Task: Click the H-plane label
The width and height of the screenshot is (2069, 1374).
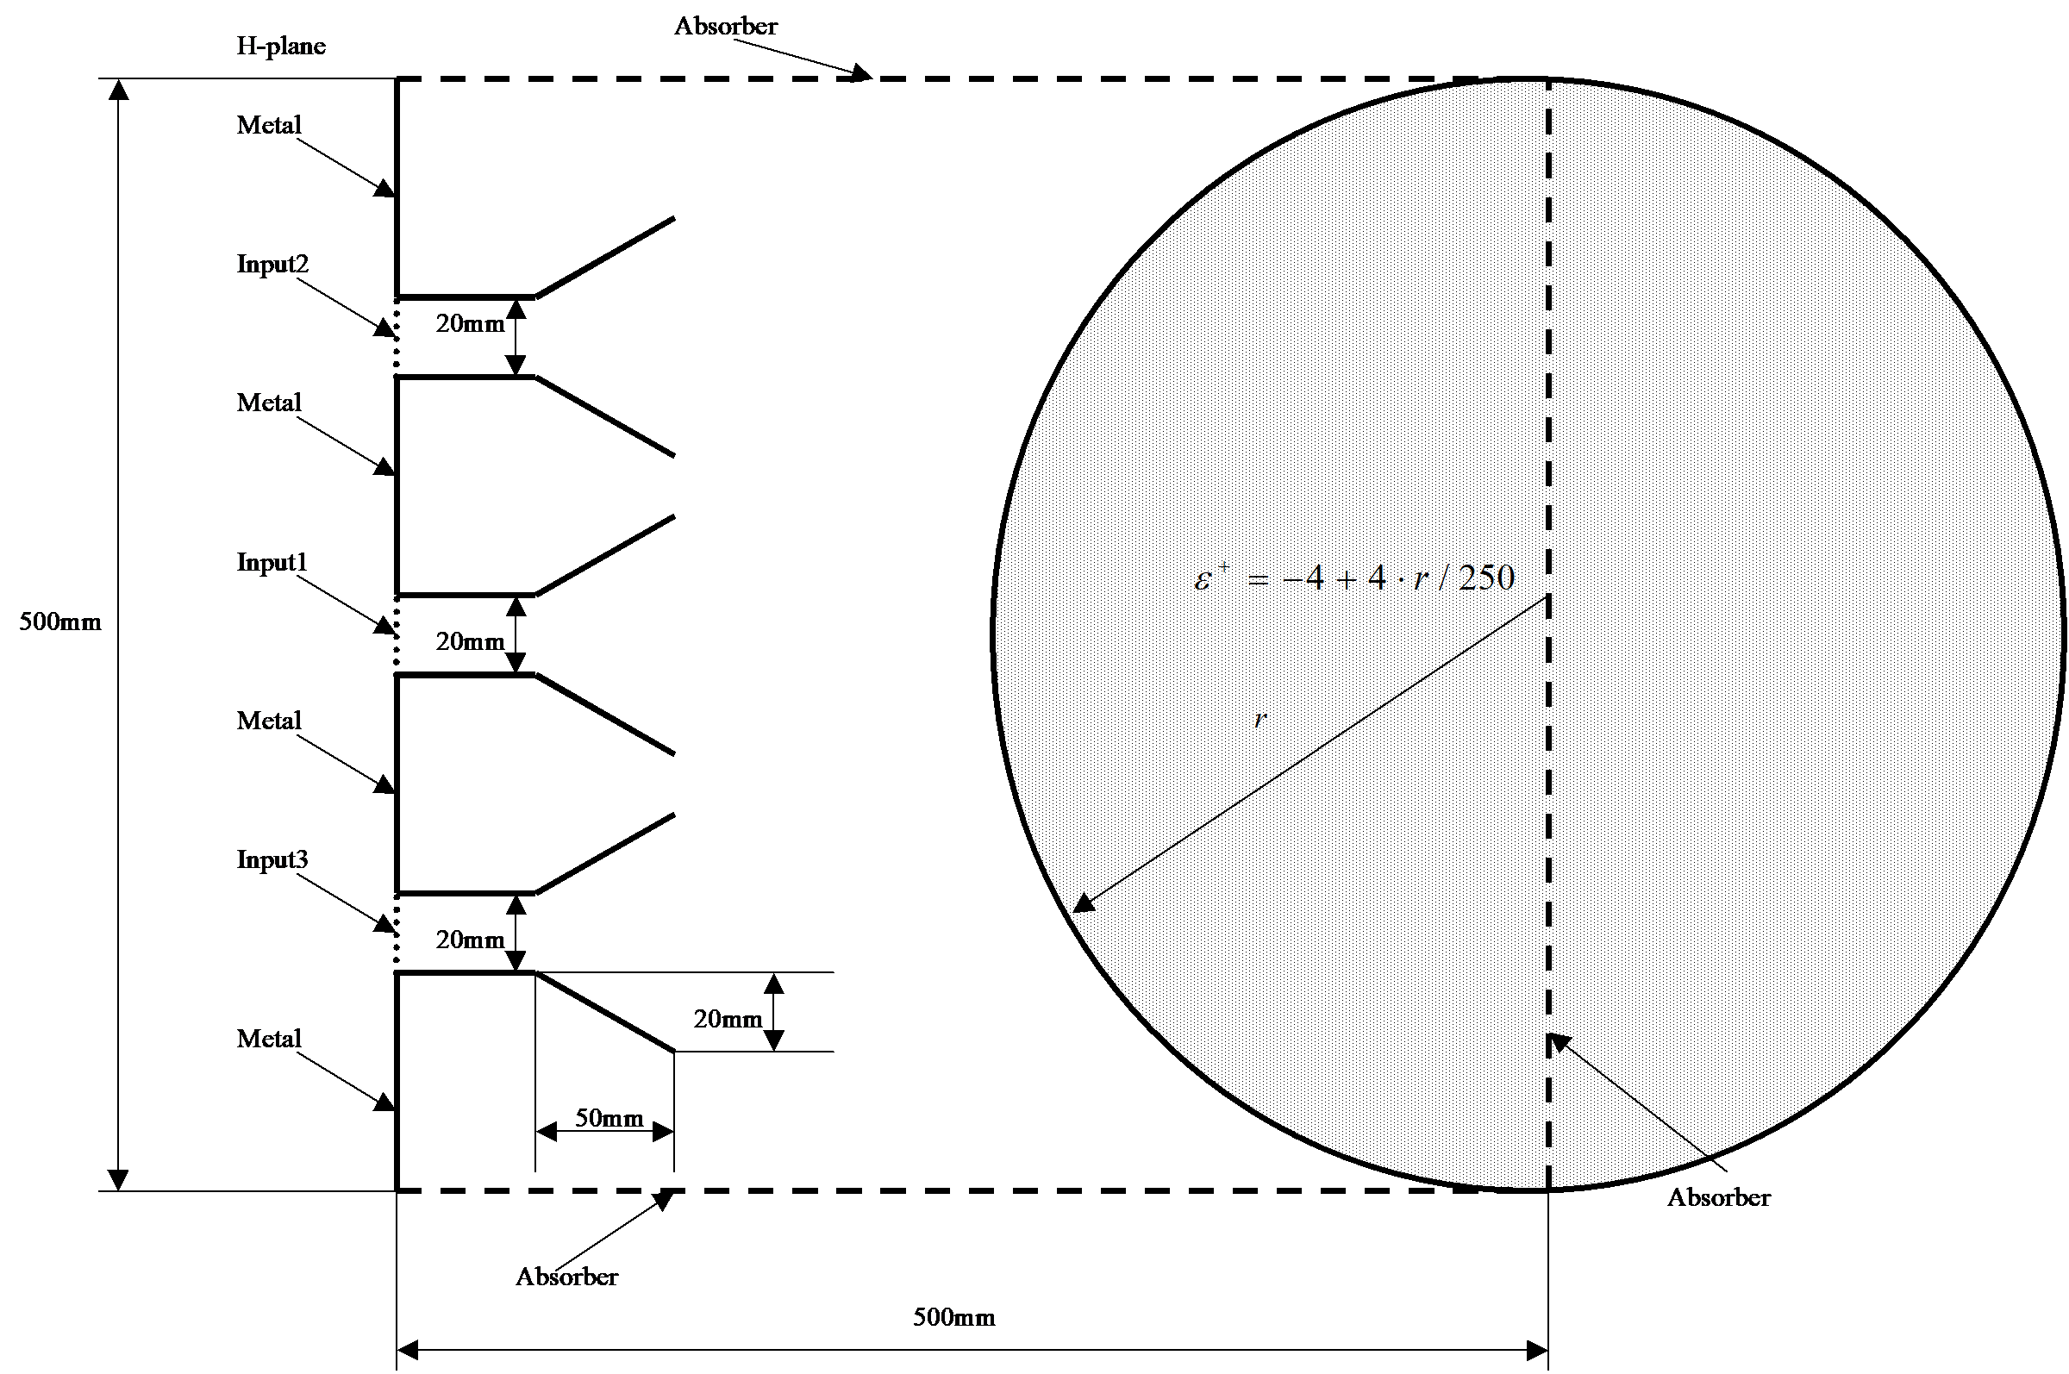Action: click(x=281, y=46)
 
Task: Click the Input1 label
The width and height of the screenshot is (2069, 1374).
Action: click(x=272, y=562)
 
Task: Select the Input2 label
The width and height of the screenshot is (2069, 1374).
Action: click(x=272, y=264)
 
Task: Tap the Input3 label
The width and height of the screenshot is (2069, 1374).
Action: click(x=272, y=859)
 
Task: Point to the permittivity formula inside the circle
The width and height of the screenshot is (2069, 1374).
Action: click(x=1355, y=578)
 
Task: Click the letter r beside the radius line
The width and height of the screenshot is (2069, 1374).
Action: click(x=1260, y=720)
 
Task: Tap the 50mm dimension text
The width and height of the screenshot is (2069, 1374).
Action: click(x=609, y=1118)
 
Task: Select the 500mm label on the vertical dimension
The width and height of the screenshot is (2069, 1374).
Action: click(x=60, y=622)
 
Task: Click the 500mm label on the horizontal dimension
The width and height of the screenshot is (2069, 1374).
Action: click(x=954, y=1317)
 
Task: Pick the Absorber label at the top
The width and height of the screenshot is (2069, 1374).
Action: click(x=726, y=26)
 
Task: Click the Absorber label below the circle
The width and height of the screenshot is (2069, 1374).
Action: click(x=1718, y=1198)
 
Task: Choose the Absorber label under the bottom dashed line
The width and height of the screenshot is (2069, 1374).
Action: click(x=566, y=1277)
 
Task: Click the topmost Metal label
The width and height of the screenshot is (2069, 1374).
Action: click(x=269, y=125)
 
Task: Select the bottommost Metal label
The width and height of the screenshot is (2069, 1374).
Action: click(x=269, y=1040)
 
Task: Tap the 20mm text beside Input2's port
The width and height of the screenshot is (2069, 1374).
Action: click(x=471, y=324)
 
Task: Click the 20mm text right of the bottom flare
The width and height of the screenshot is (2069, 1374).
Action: click(x=728, y=1019)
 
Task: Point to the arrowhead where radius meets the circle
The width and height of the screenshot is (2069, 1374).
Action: click(x=1085, y=902)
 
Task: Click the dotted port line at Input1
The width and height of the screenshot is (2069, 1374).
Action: click(x=397, y=634)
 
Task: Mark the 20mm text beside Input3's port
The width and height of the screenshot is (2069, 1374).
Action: click(x=471, y=940)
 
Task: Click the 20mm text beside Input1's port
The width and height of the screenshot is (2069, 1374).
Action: click(x=471, y=642)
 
